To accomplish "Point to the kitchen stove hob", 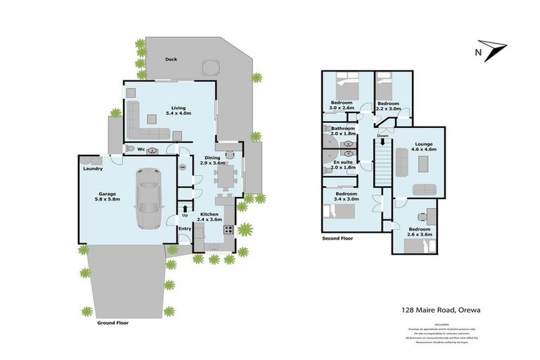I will click(x=228, y=229).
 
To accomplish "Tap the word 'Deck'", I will click(x=171, y=60).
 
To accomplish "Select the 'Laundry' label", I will click(x=94, y=169).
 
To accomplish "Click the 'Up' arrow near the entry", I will click(x=184, y=209).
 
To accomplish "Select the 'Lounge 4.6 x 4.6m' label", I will click(x=418, y=146).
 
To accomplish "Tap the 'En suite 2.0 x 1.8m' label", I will click(x=343, y=165).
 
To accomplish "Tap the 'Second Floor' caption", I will click(x=338, y=238).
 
